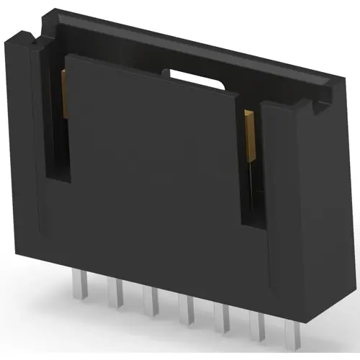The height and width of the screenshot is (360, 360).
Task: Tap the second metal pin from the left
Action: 114,294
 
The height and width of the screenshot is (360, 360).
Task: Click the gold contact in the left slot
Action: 64,94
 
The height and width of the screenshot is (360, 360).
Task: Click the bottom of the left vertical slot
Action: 58,176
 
